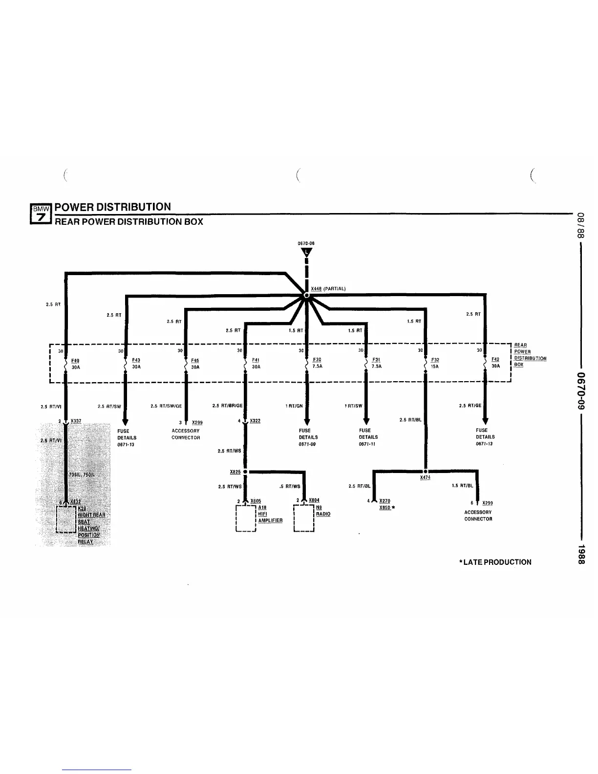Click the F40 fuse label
(76, 361)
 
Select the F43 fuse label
(136, 360)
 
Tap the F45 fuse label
(195, 361)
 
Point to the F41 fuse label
(256, 360)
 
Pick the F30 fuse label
(317, 360)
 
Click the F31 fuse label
(376, 360)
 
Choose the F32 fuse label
(435, 360)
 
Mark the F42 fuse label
(495, 360)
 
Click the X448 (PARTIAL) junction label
(328, 289)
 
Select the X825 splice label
(235, 472)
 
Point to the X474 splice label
(425, 477)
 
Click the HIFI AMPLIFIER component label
(270, 517)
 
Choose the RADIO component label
(323, 514)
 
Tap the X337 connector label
(76, 421)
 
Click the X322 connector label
(255, 421)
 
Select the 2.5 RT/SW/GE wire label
(166, 406)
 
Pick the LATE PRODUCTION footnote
(495, 562)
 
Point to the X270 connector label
(384, 501)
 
